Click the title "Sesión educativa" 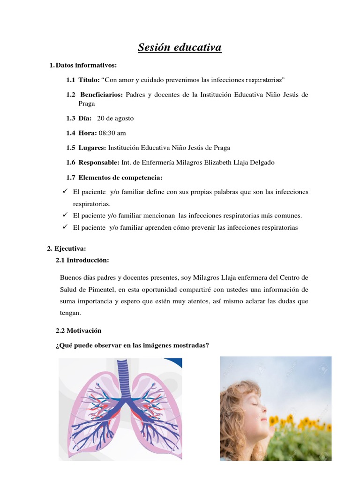[x=180, y=47]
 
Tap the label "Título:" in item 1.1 [x=89, y=80]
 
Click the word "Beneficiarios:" [x=101, y=95]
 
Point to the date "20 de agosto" [x=115, y=119]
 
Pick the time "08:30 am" [x=112, y=133]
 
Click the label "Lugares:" [x=92, y=148]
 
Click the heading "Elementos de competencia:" [x=120, y=177]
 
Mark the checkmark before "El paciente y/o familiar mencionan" [x=65, y=215]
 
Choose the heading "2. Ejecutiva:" [x=67, y=248]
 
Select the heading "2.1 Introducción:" [x=82, y=260]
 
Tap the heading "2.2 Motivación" [x=78, y=330]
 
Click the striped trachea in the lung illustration [x=122, y=375]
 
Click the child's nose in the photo [x=265, y=407]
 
